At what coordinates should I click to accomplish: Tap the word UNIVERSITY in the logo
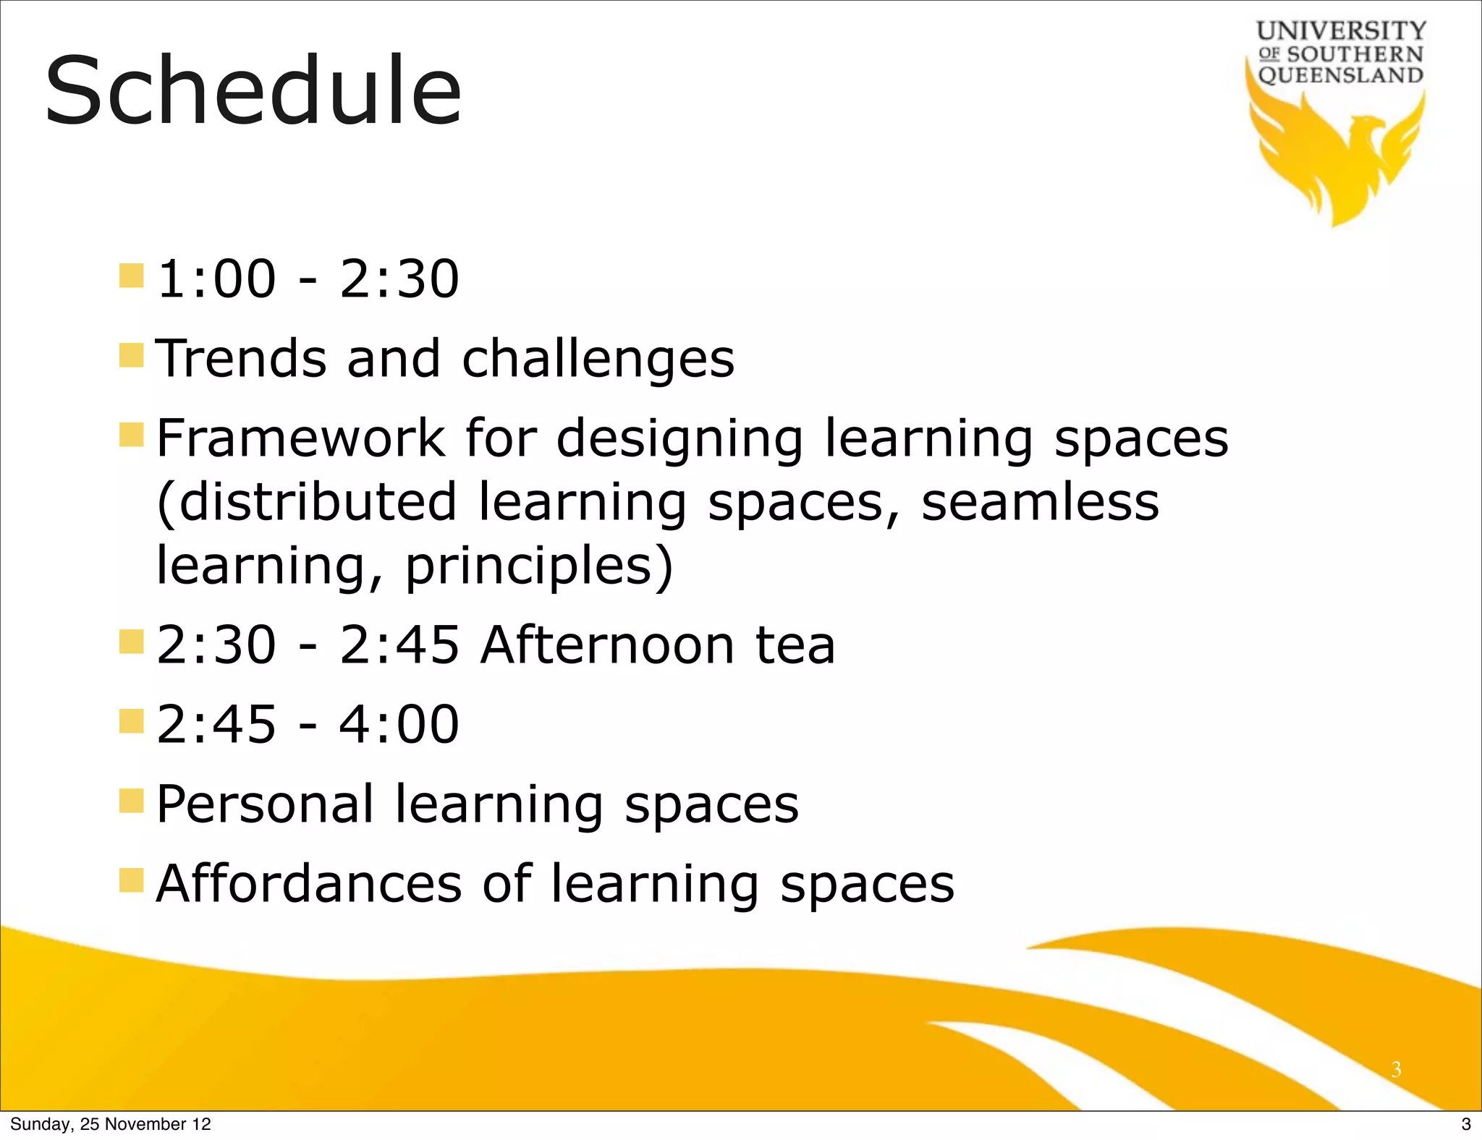point(1341,31)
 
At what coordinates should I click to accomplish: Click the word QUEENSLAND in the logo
point(1341,75)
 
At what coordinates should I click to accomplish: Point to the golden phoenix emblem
point(1339,159)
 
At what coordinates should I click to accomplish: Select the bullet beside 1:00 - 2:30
point(132,276)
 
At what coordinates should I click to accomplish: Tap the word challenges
point(598,360)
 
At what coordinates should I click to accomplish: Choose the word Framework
point(300,438)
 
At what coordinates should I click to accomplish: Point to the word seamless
point(1039,502)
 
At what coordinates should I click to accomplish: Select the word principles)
point(539,566)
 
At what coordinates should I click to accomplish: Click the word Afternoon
point(607,645)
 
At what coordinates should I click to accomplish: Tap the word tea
point(795,645)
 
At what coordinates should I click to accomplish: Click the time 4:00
point(399,724)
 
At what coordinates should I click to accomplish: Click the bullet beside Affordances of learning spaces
point(132,880)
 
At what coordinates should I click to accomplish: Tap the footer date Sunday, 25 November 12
point(111,1124)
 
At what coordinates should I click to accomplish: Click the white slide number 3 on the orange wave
point(1396,1068)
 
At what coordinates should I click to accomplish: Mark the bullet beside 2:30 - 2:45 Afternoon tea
point(132,642)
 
